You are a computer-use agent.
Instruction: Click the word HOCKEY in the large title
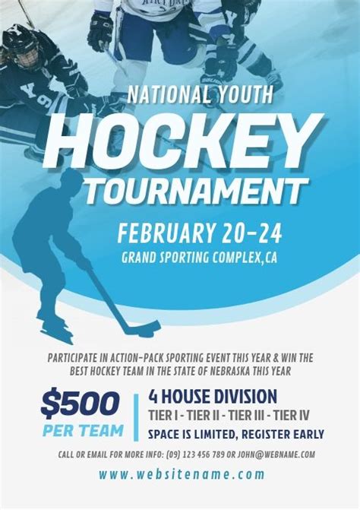pos(185,141)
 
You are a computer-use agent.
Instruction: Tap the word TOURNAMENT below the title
pos(196,192)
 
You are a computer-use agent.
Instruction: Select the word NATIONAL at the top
pos(169,94)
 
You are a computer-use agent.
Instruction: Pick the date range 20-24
pos(252,233)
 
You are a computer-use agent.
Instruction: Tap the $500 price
pos(80,404)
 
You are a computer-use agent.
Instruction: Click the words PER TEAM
pos(84,430)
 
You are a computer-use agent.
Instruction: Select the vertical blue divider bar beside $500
pos(136,417)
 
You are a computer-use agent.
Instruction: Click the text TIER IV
pos(291,415)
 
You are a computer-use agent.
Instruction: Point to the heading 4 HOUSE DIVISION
pos(213,397)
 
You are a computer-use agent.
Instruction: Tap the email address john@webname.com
pos(276,455)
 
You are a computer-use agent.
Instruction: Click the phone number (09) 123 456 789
pos(196,455)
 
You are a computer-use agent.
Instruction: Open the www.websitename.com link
pos(182,474)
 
